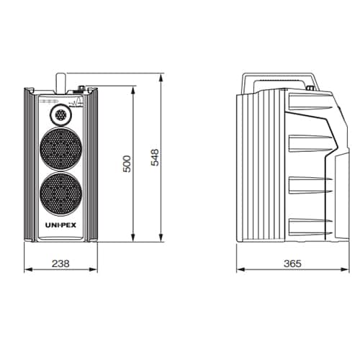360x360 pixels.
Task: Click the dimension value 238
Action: [60, 264]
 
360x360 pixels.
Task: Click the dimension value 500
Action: [127, 163]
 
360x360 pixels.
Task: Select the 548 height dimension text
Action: [155, 158]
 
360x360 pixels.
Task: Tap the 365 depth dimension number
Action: [292, 264]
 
